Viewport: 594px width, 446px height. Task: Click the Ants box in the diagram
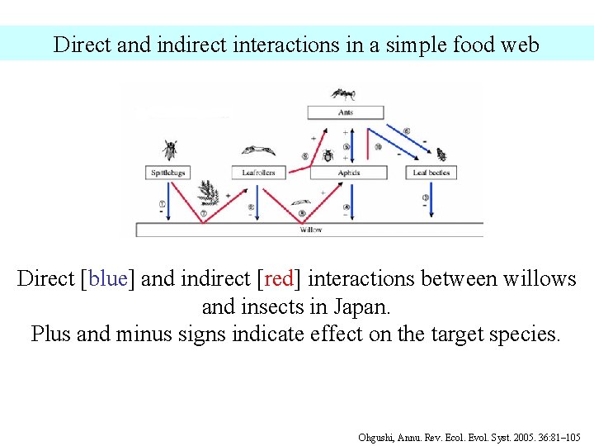click(345, 111)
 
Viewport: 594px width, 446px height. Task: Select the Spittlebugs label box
click(167, 173)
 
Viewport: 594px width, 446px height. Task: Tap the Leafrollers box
click(258, 173)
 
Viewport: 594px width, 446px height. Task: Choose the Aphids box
click(349, 173)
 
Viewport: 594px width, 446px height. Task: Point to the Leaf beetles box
click(431, 173)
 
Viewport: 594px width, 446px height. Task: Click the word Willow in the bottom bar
click(310, 230)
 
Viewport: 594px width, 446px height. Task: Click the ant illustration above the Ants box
click(342, 93)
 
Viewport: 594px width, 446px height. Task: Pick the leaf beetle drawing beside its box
click(441, 154)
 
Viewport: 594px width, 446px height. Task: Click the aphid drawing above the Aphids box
click(328, 155)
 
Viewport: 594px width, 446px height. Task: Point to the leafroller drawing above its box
click(258, 150)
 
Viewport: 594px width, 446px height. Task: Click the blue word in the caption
click(105, 279)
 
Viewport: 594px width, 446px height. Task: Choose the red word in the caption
click(278, 279)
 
